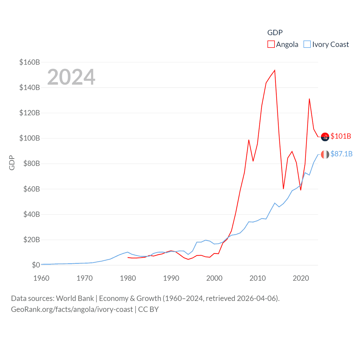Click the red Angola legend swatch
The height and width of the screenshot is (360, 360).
coord(271,44)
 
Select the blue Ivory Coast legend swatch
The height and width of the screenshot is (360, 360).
coord(307,44)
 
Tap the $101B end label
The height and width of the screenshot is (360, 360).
coord(341,136)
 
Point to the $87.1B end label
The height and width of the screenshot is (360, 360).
coord(341,154)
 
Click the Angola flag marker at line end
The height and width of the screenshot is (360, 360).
coord(325,137)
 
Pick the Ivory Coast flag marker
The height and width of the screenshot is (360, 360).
coord(325,154)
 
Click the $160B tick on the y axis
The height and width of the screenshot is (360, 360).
coord(30,62)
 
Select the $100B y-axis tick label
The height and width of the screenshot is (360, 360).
coord(30,138)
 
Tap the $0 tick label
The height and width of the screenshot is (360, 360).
coord(36,265)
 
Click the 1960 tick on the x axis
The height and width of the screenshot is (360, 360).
coord(41,278)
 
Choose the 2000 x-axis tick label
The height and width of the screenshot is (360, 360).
coord(214,278)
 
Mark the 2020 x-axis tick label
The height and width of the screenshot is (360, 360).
coord(301,278)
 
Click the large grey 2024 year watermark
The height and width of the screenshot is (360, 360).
coord(71,77)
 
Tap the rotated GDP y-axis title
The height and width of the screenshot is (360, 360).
coord(12,163)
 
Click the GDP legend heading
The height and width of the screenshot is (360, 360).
coord(275,33)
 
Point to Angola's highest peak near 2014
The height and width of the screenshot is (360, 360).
coord(274,70)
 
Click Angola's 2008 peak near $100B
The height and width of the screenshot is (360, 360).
coord(249,140)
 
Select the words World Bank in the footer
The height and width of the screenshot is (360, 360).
coord(75,298)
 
